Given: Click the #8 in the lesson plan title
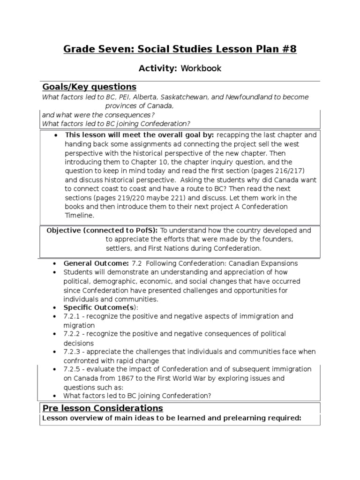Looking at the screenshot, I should [289, 49].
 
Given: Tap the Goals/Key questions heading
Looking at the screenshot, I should [89, 87].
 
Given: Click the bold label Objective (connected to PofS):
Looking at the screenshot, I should [103, 231].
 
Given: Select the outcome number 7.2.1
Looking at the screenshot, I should [73, 316].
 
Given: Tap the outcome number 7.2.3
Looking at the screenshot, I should [73, 352].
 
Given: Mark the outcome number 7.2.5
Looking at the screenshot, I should [73, 369].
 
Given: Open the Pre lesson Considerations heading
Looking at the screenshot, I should [103, 408].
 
